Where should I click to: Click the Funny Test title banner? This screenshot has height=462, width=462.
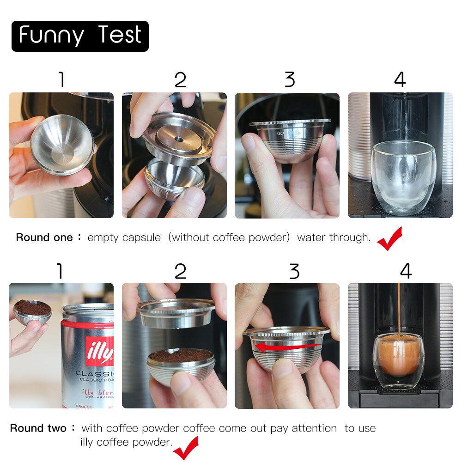click(x=80, y=36)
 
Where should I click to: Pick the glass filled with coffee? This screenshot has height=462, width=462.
click(x=399, y=361)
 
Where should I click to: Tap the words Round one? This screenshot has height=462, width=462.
click(x=44, y=238)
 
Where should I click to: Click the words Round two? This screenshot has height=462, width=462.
click(x=38, y=428)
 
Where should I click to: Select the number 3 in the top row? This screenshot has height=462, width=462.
click(x=290, y=80)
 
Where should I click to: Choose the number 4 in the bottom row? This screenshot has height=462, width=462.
click(x=405, y=271)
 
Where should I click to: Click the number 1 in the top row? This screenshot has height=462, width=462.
click(x=61, y=80)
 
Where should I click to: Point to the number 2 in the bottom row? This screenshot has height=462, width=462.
click(x=180, y=271)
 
